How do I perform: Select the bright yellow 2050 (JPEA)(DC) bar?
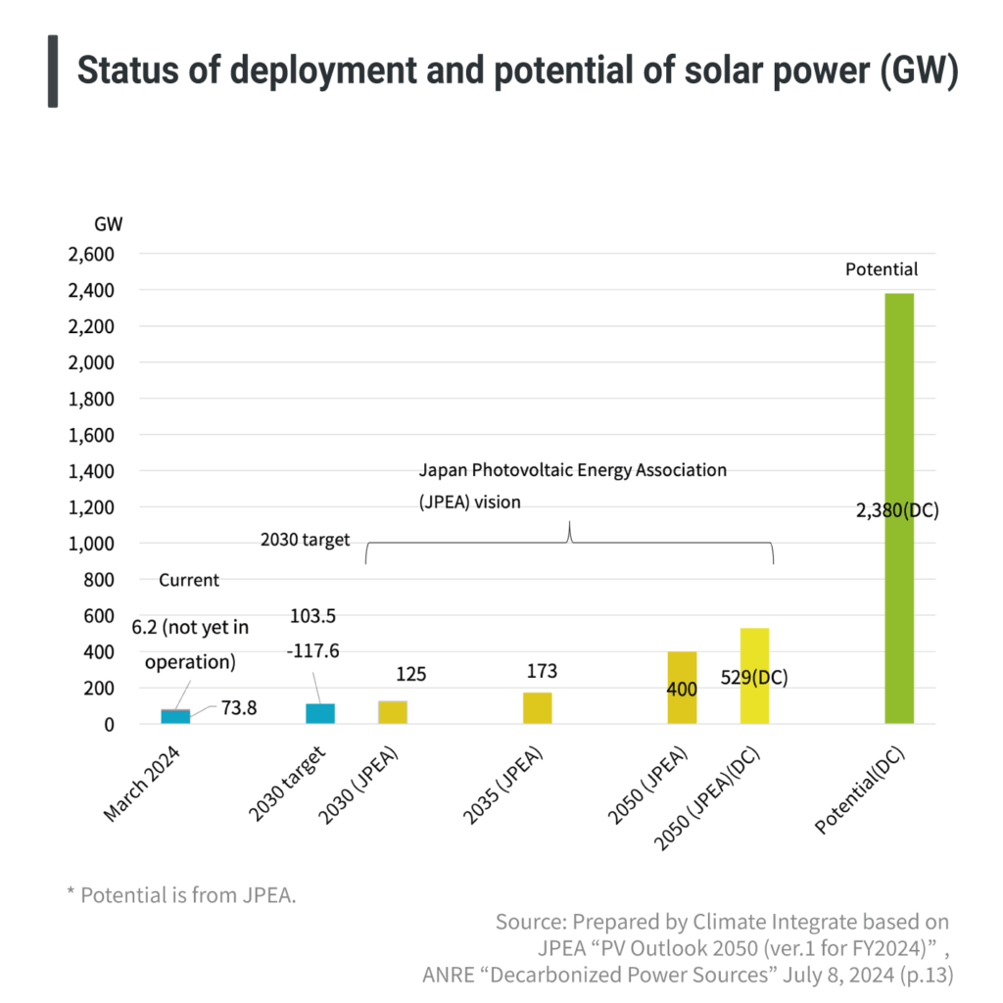[x=754, y=676]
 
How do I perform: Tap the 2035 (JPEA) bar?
[x=537, y=708]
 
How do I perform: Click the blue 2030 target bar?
[x=320, y=713]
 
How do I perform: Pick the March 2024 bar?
[x=175, y=716]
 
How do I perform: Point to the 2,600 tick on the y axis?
[x=91, y=255]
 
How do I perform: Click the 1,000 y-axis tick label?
[x=91, y=544]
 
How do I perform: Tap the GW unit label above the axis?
[x=108, y=223]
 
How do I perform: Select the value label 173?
[x=542, y=671]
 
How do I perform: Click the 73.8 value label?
[x=238, y=707]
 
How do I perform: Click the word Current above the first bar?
[x=189, y=580]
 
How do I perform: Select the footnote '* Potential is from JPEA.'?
[x=180, y=895]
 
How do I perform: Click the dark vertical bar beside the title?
[x=52, y=71]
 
